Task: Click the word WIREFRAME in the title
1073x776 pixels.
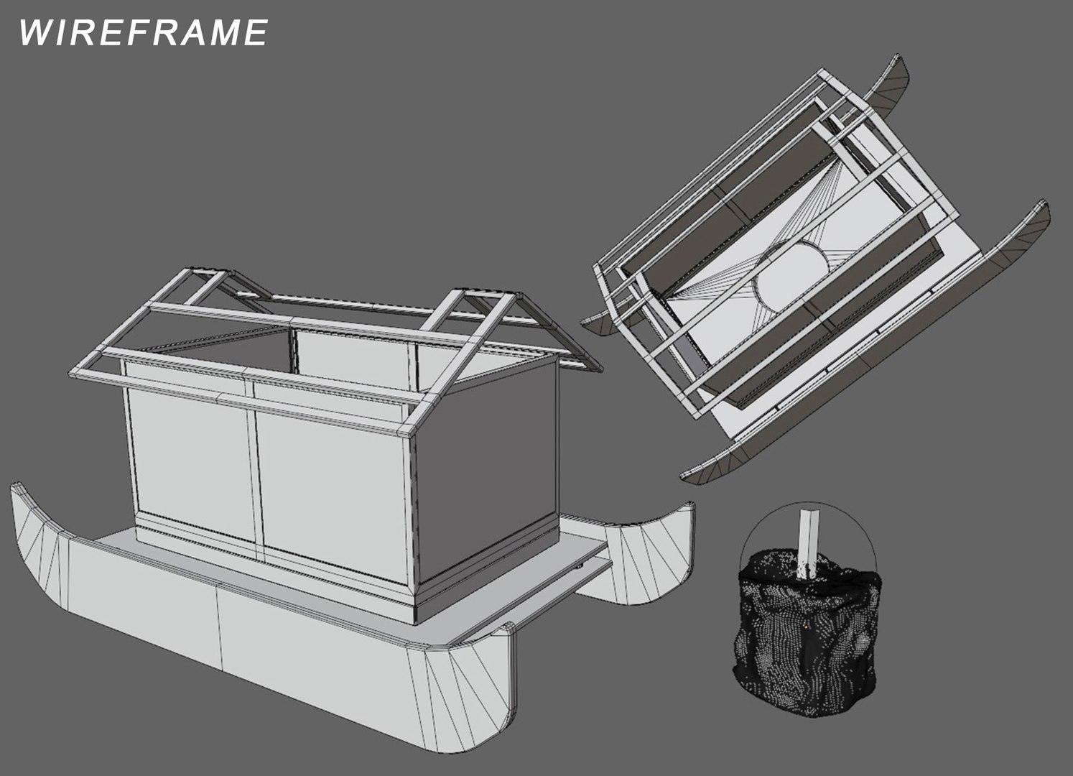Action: (143, 33)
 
